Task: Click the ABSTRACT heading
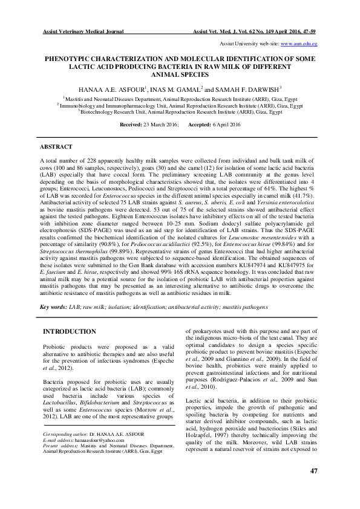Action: pyautogui.click(x=56, y=147)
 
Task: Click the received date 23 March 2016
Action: pyautogui.click(x=160, y=124)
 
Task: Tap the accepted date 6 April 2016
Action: pyautogui.click(x=227, y=124)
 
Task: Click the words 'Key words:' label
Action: pyautogui.click(x=53, y=308)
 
